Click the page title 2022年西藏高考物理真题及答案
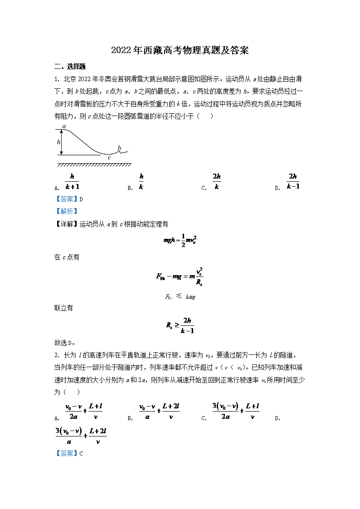tap(180, 50)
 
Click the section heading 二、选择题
tap(70, 67)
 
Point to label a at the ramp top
tap(64, 126)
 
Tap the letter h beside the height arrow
tap(58, 142)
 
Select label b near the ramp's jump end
tap(119, 148)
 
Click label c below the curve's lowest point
tap(109, 158)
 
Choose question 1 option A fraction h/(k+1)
tap(72, 181)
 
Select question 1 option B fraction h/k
tap(141, 181)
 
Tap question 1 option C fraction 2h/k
tap(217, 181)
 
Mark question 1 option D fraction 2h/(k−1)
tap(293, 181)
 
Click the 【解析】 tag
tap(66, 211)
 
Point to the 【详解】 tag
tap(66, 223)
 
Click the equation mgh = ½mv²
tap(180, 241)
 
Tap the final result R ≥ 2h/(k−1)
tap(180, 325)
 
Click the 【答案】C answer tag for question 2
tap(69, 453)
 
